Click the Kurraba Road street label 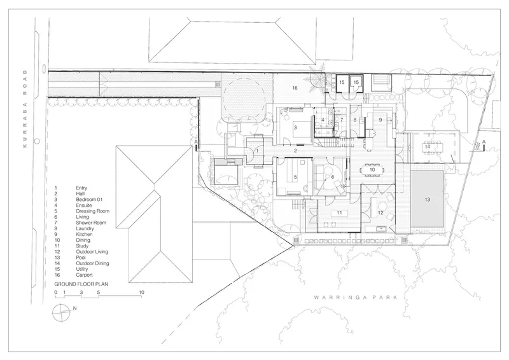(25, 109)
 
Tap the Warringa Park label (356, 297)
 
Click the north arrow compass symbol (62, 312)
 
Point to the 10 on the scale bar (141, 292)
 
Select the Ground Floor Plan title (81, 284)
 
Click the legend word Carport (85, 275)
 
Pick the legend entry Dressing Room (92, 211)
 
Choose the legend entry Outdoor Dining (92, 263)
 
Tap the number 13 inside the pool (427, 199)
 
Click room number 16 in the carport (295, 88)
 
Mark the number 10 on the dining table (372, 169)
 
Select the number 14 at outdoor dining (427, 147)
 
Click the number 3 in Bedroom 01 (295, 128)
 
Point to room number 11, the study (339, 213)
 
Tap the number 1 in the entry (257, 151)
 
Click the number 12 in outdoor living (380, 213)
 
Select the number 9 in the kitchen (380, 120)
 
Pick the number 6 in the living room (332, 177)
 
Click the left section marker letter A (196, 142)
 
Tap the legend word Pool (81, 258)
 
